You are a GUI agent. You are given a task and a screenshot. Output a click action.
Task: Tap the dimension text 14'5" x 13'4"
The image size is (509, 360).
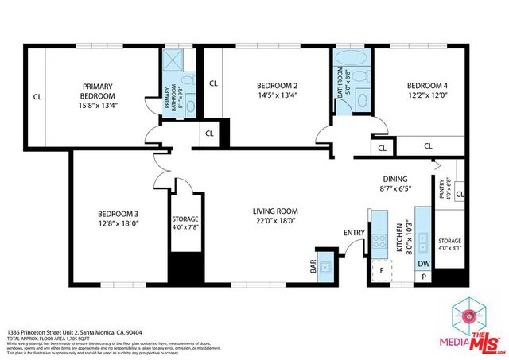[277, 96]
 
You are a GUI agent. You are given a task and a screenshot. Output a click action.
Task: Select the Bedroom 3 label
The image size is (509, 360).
[119, 213]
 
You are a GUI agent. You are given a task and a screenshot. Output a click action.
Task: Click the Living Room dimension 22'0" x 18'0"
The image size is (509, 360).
[275, 221]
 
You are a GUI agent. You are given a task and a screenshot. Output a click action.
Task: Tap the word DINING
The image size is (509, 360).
[394, 180]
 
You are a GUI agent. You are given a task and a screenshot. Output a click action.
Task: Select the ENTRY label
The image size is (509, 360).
[353, 233]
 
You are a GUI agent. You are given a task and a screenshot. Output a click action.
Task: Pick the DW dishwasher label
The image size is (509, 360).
[423, 264]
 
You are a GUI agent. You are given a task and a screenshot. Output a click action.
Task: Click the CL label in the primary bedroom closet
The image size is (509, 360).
[37, 97]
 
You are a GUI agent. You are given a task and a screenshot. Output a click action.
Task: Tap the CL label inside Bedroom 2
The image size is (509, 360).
[213, 83]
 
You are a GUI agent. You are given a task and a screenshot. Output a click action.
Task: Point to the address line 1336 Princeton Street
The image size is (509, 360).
[75, 331]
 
